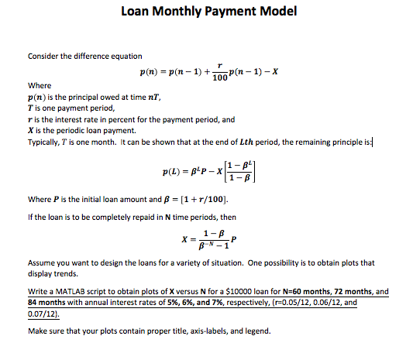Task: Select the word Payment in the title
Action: coord(229,12)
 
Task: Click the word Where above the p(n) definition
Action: coord(39,85)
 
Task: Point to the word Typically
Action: coord(46,142)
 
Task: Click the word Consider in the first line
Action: coord(45,56)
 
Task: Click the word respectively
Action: coord(244,303)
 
